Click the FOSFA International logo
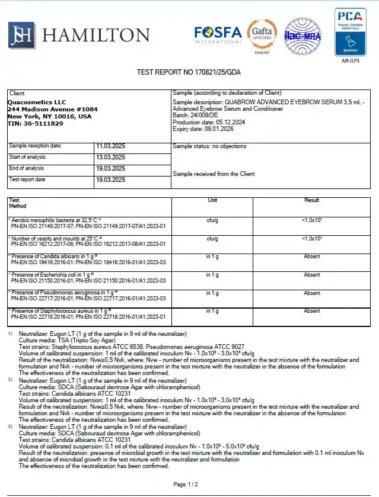pyautogui.click(x=218, y=34)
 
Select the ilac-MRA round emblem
pyautogui.click(x=302, y=36)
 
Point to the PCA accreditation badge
pyautogui.click(x=350, y=32)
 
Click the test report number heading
pyautogui.click(x=189, y=72)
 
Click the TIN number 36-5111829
pyautogui.click(x=35, y=123)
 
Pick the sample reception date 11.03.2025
pyautogui.click(x=110, y=146)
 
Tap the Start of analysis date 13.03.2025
pyautogui.click(x=110, y=157)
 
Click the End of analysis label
pyautogui.click(x=27, y=168)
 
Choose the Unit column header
pyautogui.click(x=212, y=200)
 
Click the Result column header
pyautogui.click(x=311, y=200)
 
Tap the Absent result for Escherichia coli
pyautogui.click(x=312, y=275)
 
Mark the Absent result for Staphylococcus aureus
pyautogui.click(x=312, y=311)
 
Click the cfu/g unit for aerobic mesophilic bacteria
pyautogui.click(x=212, y=220)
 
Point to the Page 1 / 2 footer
pyautogui.click(x=186, y=485)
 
